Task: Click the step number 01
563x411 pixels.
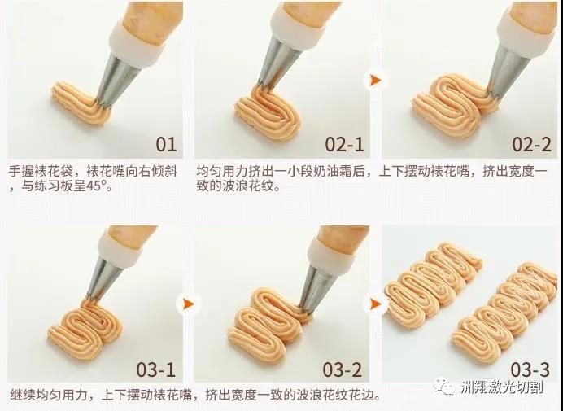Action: click(165, 144)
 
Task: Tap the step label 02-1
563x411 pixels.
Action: click(344, 144)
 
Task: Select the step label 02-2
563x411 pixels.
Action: click(531, 144)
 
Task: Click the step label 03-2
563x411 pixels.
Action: click(343, 369)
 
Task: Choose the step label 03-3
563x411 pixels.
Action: click(530, 369)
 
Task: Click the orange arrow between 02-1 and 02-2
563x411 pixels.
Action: click(374, 80)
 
